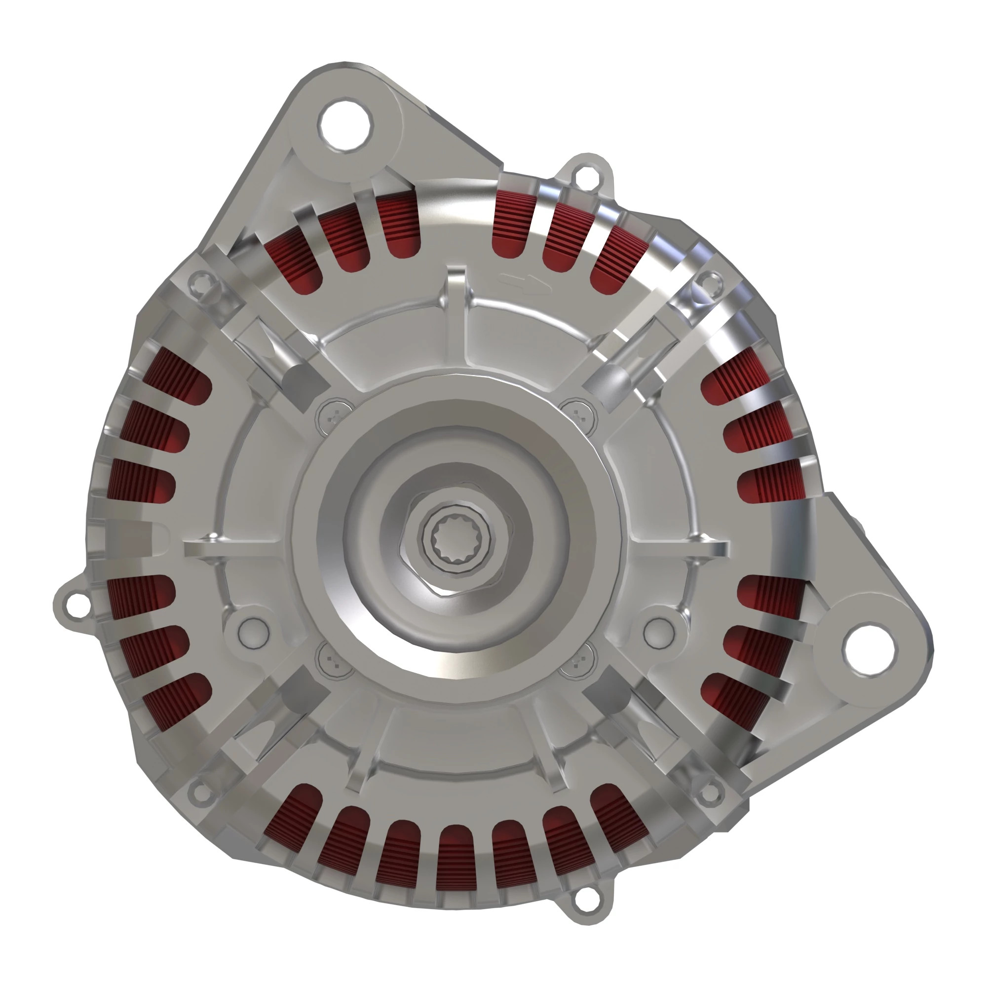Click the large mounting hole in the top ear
(346, 125)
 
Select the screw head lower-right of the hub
(578, 663)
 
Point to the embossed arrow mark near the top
(525, 284)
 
